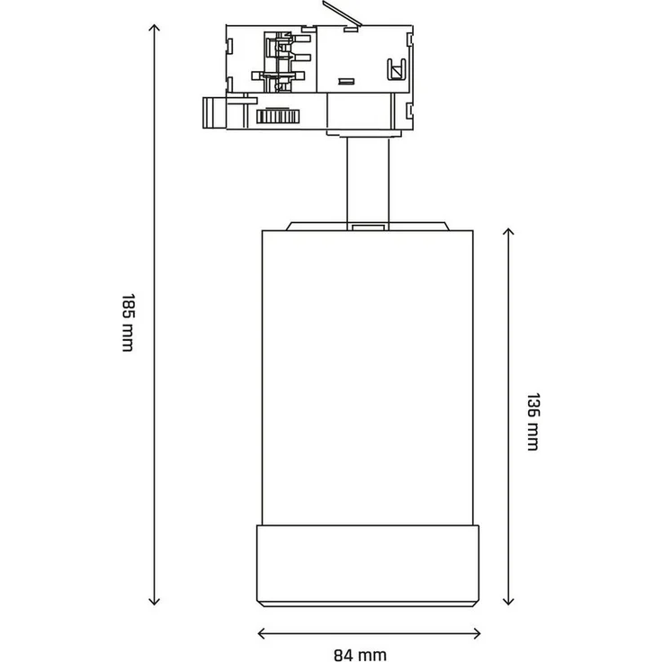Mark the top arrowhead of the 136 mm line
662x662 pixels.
[x=508, y=233]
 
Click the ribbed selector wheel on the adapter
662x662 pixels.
[x=276, y=117]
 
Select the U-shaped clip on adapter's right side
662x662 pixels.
[x=392, y=68]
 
